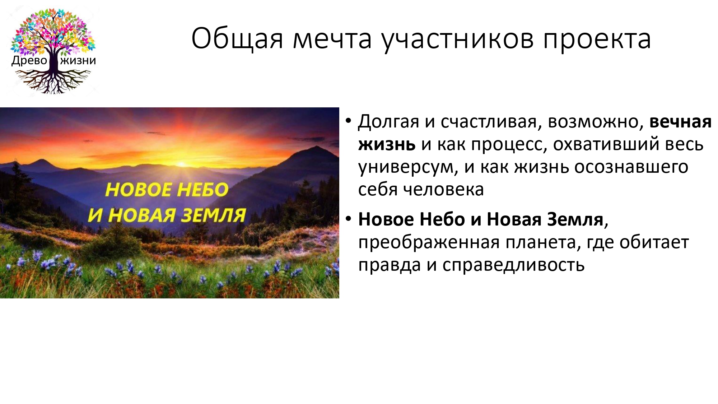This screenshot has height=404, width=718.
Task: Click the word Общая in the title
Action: tap(237, 38)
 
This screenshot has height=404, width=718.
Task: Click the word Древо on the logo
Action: tap(29, 60)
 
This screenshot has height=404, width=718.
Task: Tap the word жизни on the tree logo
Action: tap(78, 60)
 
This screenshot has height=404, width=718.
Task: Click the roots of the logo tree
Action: tap(53, 80)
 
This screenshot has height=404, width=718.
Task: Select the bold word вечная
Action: tap(680, 122)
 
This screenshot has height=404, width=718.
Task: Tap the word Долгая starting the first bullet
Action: tap(388, 122)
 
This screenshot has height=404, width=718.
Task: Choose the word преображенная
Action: tap(429, 243)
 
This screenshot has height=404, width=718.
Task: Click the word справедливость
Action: tap(513, 265)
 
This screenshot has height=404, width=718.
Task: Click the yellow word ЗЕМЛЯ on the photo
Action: tap(213, 215)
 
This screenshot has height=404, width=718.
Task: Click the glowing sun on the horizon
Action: tap(181, 163)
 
